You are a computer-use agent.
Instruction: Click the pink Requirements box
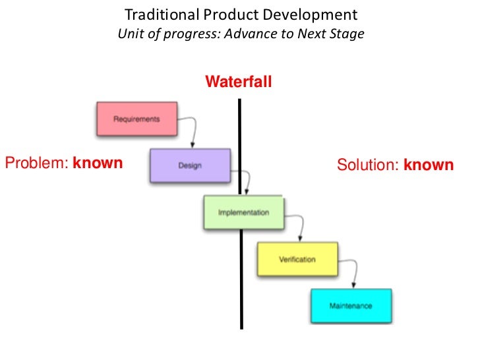coord(136,119)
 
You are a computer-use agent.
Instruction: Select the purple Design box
coord(190,165)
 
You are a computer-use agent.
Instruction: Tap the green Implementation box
coord(243,212)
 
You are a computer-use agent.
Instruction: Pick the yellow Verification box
coord(297,259)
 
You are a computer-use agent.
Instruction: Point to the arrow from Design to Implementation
coord(245,177)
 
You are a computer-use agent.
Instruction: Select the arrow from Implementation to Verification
coord(298,224)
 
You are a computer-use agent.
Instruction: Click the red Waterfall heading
coord(238,82)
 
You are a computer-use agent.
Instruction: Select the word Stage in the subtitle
coord(347,34)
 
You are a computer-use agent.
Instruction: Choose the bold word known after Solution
coord(429,164)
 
